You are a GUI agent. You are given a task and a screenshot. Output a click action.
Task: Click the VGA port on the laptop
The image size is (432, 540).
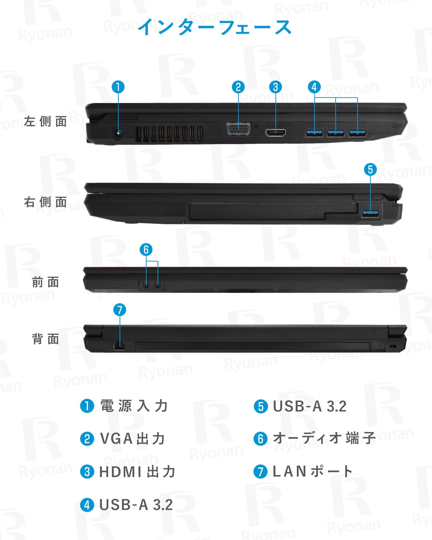point(238,129)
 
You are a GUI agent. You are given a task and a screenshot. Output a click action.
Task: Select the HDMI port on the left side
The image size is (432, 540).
point(276,133)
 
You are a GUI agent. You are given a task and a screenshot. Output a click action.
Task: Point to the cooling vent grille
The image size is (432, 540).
point(169,134)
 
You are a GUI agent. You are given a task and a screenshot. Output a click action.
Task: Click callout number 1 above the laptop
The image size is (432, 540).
point(118,87)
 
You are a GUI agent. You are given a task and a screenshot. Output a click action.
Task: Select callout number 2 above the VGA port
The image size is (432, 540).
point(238,87)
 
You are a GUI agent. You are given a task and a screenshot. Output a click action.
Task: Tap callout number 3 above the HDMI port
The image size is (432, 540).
point(276,87)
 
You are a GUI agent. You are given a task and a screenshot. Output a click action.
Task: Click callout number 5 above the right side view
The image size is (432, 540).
point(370,169)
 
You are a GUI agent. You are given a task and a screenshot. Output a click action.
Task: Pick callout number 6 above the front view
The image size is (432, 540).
point(146,249)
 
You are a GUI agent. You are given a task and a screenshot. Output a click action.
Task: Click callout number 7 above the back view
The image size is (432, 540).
point(120,310)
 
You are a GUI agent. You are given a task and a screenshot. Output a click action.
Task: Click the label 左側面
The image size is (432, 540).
point(46,121)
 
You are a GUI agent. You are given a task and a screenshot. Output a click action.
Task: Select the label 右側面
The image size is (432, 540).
point(46,202)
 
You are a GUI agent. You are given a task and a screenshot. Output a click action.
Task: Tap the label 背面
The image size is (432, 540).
point(46,339)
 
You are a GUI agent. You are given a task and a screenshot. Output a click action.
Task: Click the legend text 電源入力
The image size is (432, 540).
point(134,406)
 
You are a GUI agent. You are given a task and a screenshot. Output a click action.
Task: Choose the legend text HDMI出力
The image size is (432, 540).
point(137,472)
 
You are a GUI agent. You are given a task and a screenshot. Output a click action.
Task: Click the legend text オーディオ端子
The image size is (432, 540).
point(324,438)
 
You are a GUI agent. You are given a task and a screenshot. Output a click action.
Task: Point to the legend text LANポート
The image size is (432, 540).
point(312,471)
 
